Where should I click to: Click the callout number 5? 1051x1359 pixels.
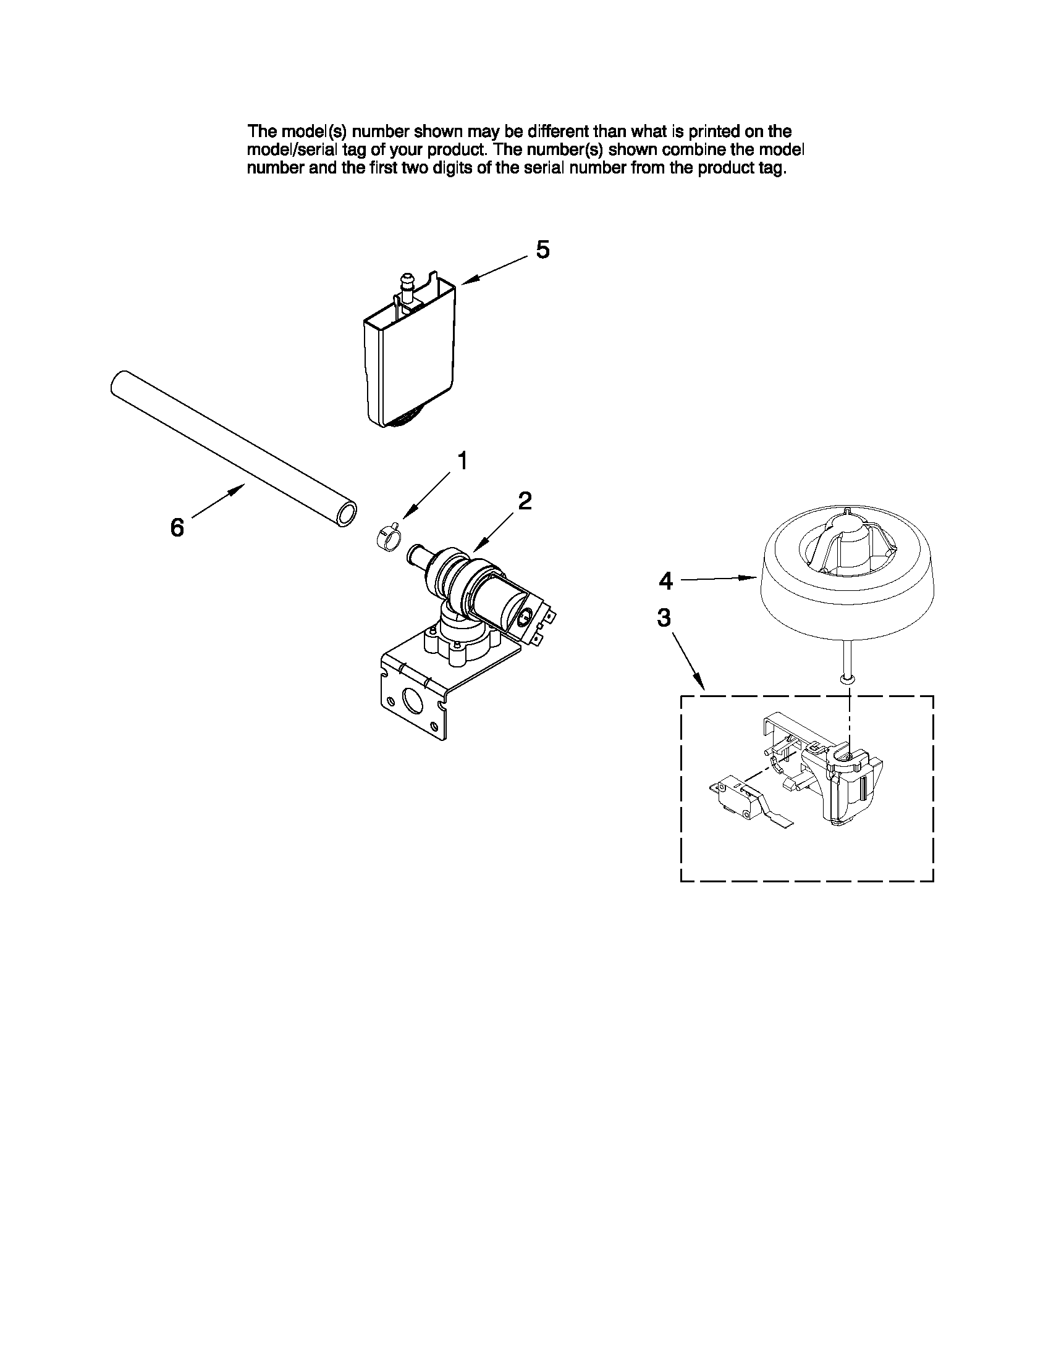tap(542, 250)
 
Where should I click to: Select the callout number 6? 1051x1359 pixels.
tap(177, 529)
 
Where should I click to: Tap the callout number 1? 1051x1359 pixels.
tap(462, 461)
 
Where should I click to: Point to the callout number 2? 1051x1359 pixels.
tap(525, 501)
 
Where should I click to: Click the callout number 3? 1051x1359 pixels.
tap(664, 618)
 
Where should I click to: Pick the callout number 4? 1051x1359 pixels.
tap(665, 581)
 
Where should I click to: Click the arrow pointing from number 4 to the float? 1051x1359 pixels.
tap(716, 579)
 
